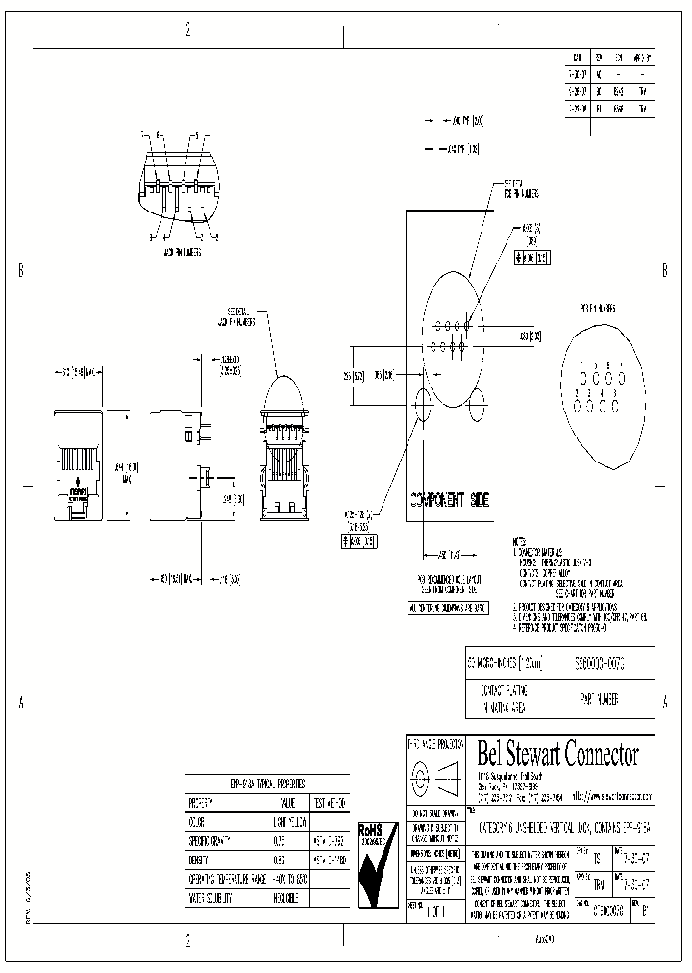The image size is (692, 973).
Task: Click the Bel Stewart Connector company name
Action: point(557,755)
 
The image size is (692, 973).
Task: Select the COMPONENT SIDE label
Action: point(450,501)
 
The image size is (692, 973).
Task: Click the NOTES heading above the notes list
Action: point(519,543)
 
